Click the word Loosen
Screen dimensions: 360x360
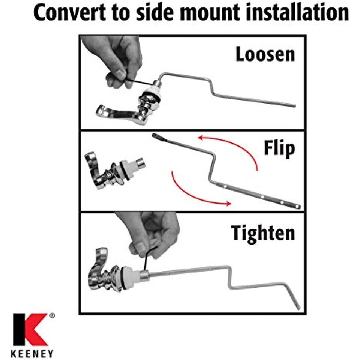pos(265,54)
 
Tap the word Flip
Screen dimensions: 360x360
pos(279,148)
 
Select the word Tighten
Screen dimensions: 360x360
pos(263,233)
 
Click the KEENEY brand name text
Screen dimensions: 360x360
pos(32,354)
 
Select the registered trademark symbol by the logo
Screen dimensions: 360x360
pos(52,315)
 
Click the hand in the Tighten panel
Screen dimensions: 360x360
pos(151,234)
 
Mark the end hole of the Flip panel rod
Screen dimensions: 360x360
pos(297,207)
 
